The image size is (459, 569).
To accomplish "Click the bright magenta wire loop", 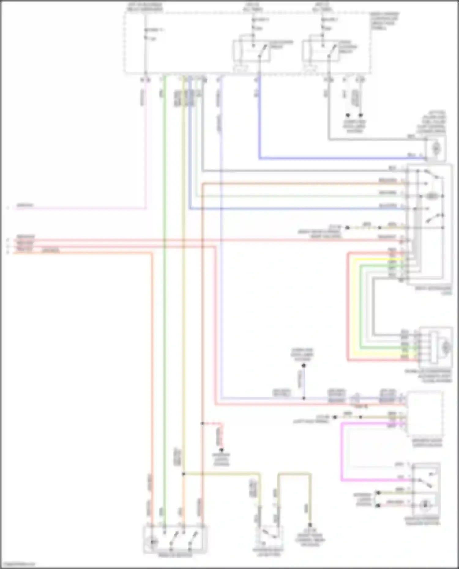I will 342,453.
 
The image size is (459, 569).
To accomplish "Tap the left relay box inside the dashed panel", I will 252,51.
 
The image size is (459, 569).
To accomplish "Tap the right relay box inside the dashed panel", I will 321,51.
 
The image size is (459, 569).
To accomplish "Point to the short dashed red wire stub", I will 221,434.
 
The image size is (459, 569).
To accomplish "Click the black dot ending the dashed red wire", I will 222,450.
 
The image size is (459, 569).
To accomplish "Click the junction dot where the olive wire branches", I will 183,474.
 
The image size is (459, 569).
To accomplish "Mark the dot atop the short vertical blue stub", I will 304,365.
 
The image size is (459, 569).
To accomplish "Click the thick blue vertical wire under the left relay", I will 259,122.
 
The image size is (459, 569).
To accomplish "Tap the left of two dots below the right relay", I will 348,115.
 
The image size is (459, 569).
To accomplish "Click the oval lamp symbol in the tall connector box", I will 431,196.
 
